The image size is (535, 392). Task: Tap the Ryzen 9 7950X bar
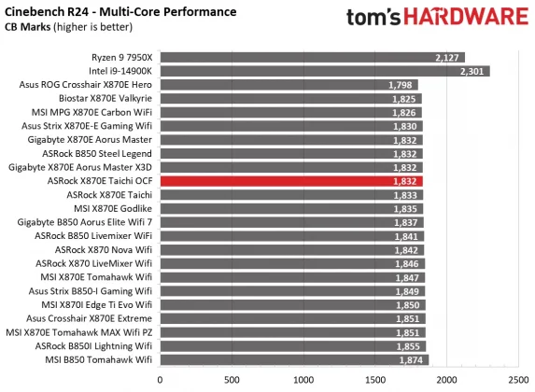(313, 56)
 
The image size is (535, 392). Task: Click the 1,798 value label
(400, 84)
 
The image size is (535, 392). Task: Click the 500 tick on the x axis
(232, 380)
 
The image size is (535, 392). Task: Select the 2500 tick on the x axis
(518, 380)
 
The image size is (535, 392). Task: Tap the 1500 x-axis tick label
(375, 380)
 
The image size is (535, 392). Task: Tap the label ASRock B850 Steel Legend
(96, 153)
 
